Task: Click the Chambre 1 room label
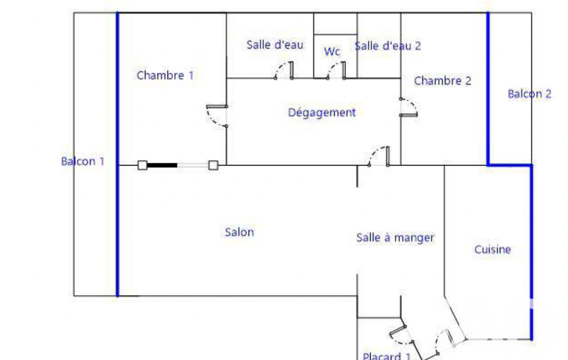[165, 75]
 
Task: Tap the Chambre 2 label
[443, 81]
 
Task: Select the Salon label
[239, 232]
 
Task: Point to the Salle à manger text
[395, 238]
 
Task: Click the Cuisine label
[493, 250]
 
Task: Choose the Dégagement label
[322, 112]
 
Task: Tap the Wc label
[332, 52]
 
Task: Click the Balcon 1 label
[83, 161]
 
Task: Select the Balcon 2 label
[530, 94]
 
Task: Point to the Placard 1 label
[386, 356]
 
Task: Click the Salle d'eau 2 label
[387, 46]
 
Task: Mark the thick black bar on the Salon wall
[162, 165]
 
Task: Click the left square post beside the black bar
[142, 165]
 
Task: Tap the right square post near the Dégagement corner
[213, 165]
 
